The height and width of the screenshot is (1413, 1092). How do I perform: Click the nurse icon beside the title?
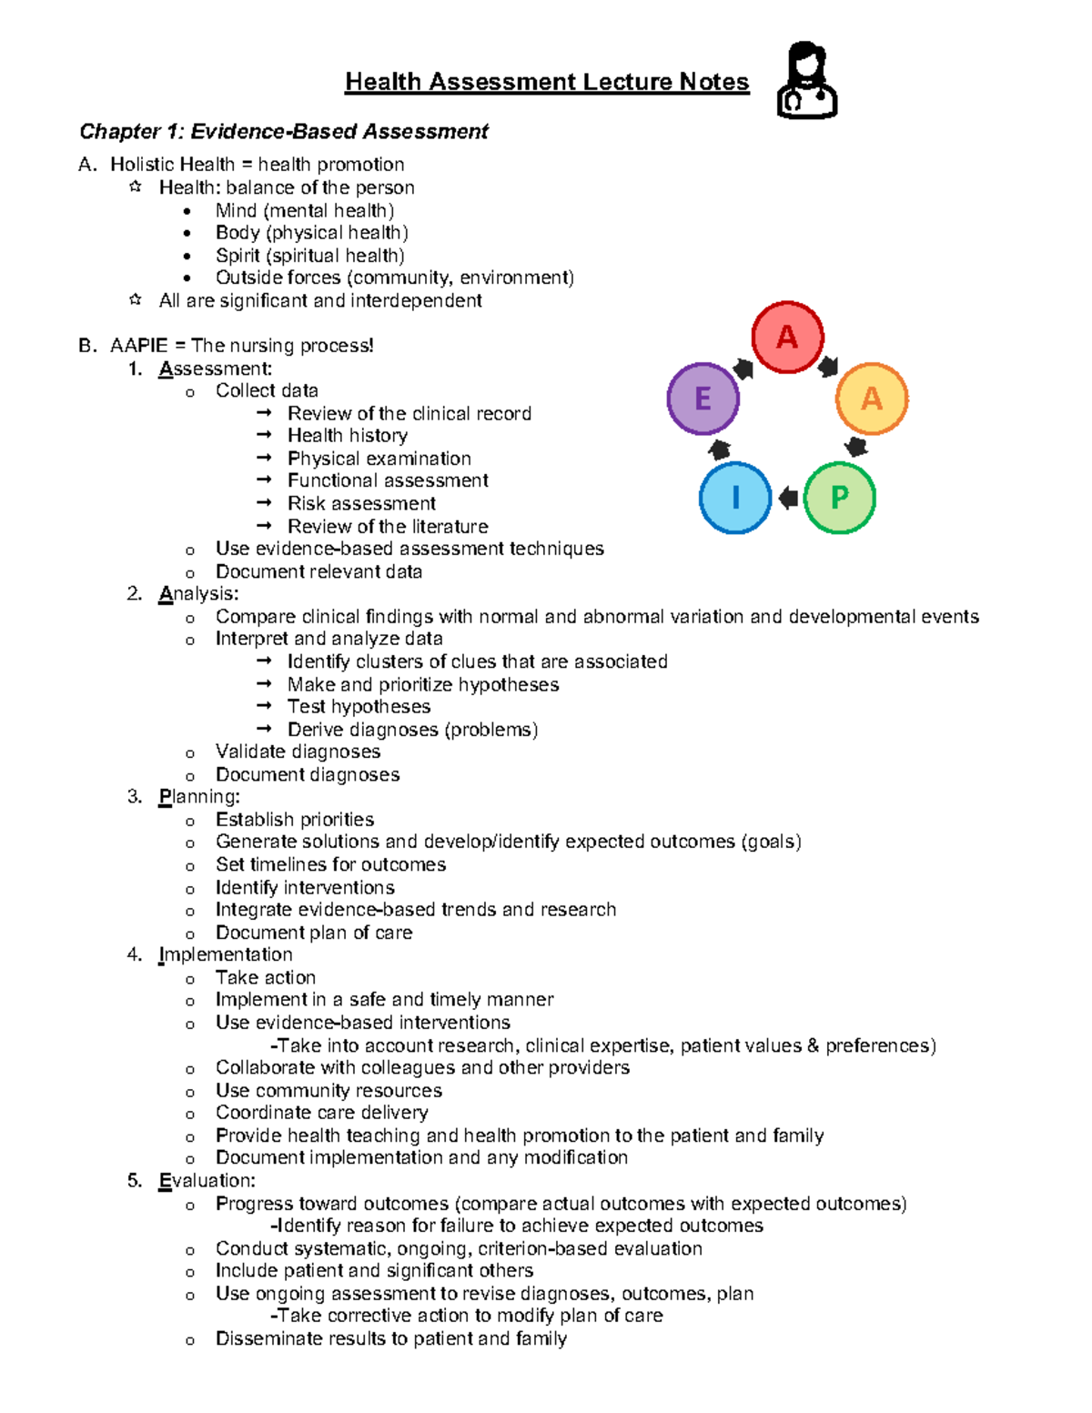click(x=806, y=81)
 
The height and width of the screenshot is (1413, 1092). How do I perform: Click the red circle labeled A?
click(x=787, y=338)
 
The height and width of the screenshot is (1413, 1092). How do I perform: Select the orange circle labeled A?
click(x=871, y=399)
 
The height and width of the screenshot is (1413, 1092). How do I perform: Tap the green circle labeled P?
click(x=839, y=498)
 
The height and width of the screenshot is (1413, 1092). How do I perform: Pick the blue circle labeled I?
click(x=735, y=498)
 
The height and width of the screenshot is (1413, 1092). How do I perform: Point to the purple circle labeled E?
click(x=703, y=399)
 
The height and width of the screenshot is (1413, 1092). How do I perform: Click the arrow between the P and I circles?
click(x=788, y=498)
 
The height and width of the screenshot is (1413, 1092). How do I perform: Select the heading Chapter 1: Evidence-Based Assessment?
click(x=284, y=132)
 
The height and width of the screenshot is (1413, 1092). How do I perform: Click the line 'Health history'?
click(x=347, y=436)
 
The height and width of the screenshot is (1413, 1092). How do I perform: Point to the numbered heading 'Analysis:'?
click(x=198, y=594)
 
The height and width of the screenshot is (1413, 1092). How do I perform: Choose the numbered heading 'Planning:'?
click(x=199, y=797)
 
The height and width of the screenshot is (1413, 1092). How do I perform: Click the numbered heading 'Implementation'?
click(x=225, y=954)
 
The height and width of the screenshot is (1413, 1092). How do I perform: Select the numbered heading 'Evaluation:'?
click(x=207, y=1181)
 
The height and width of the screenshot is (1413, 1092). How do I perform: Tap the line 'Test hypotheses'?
click(x=359, y=707)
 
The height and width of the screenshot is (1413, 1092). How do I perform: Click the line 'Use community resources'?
click(x=329, y=1090)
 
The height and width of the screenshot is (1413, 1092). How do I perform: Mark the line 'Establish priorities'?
click(x=295, y=820)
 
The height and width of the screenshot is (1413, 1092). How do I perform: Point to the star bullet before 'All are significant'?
click(x=136, y=299)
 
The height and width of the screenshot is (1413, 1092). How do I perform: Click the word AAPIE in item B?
click(x=139, y=346)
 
